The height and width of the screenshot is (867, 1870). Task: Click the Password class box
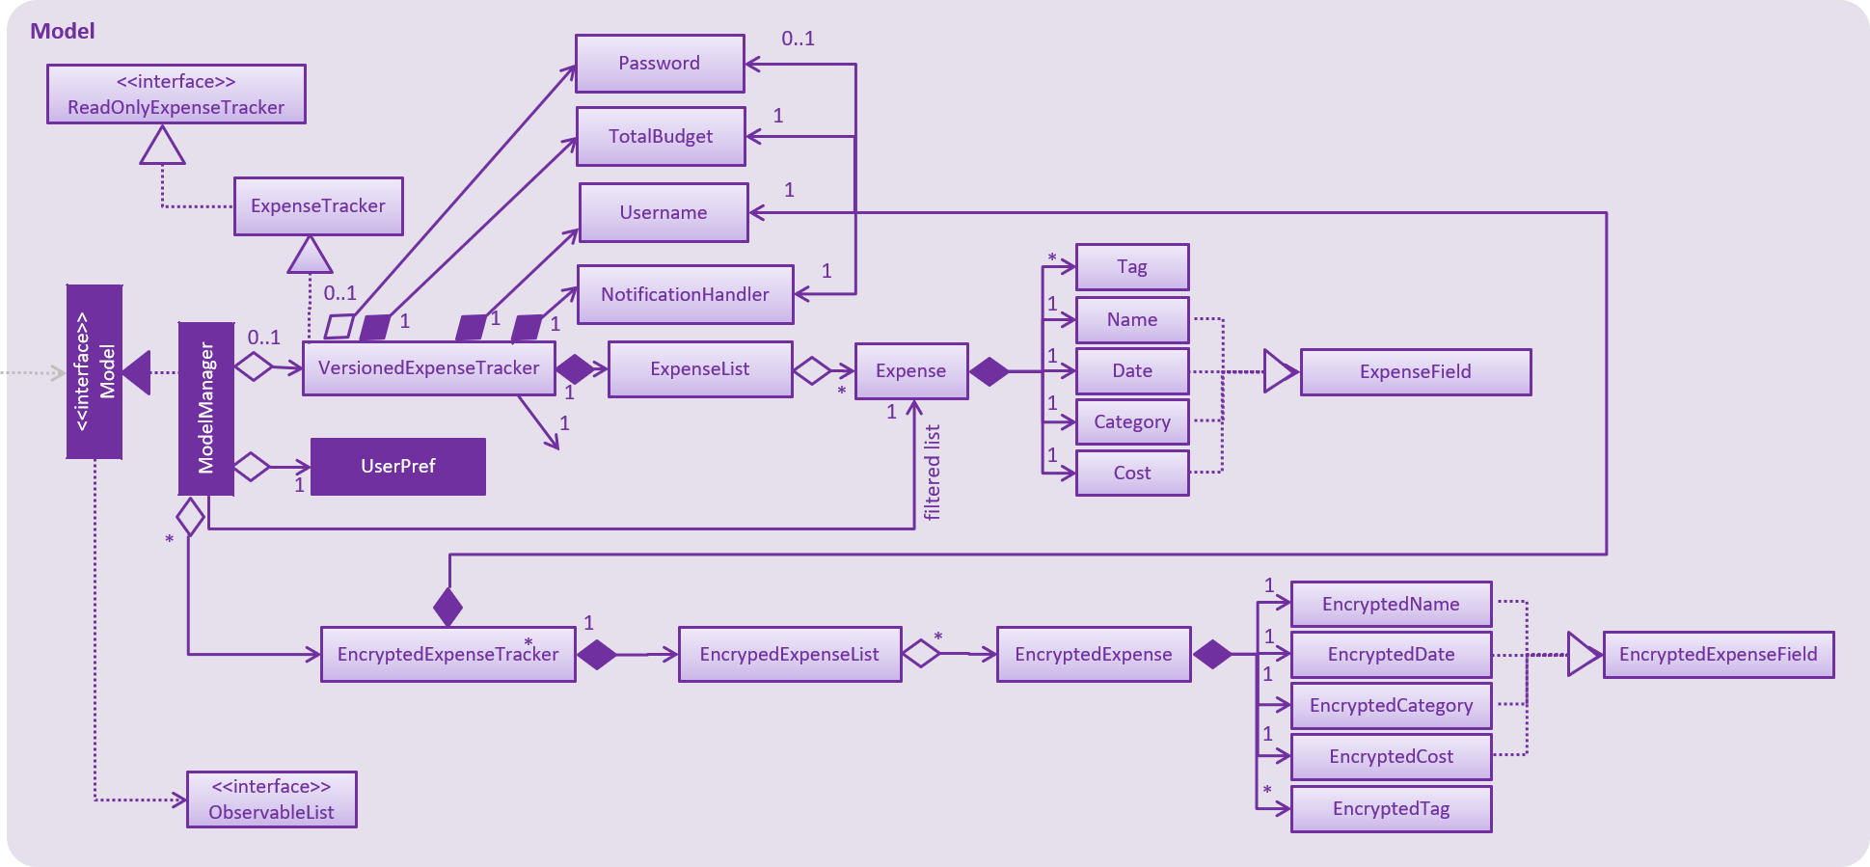tap(660, 64)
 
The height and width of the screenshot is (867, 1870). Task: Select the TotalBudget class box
tap(661, 136)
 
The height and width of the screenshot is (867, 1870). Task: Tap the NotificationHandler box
tap(685, 294)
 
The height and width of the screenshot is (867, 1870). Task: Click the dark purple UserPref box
tap(397, 467)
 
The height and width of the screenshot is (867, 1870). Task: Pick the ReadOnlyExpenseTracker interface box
tap(176, 95)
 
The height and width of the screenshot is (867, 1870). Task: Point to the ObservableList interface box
tap(271, 799)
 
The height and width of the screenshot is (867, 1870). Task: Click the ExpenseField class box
tap(1415, 372)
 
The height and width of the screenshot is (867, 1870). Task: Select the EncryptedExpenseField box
tap(1718, 655)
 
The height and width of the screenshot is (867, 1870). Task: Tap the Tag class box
tap(1131, 267)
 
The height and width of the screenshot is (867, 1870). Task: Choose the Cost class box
tap(1131, 474)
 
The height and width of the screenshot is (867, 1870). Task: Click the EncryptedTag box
tap(1390, 809)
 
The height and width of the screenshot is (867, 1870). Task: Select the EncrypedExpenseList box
tap(789, 655)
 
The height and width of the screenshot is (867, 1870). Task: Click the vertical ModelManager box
tap(206, 409)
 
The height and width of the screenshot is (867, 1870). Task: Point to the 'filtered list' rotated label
tap(932, 473)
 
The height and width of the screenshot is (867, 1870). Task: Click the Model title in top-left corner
tap(63, 31)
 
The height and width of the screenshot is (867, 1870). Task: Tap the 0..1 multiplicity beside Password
tap(798, 39)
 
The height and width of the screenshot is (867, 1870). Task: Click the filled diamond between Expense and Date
tap(989, 371)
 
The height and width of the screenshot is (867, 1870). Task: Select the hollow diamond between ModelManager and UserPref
tap(252, 467)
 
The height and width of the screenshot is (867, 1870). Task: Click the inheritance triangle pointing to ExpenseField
tap(1279, 371)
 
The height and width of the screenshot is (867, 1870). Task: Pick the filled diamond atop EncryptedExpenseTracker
tap(447, 607)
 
